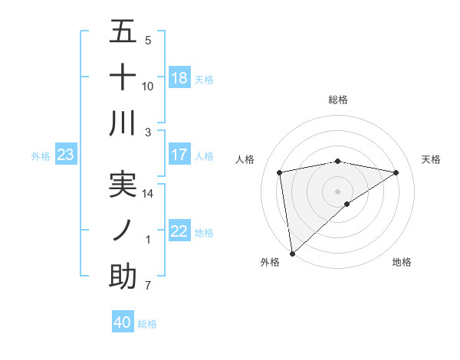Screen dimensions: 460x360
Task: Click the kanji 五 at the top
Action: pos(122,32)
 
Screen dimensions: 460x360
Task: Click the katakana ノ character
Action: pos(122,231)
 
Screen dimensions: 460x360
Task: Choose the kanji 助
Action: pos(122,276)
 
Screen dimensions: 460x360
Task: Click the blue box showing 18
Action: pos(179,78)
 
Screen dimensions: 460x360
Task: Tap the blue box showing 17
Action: pos(179,155)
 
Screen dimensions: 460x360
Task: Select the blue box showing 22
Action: pos(179,231)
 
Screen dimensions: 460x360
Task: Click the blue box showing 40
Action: pos(123,322)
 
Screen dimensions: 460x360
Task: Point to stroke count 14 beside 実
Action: pos(148,194)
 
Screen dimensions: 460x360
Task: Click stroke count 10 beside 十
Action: pos(148,86)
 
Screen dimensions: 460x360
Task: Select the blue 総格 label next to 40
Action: pos(147,323)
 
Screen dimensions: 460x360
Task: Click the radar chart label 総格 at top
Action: pos(338,100)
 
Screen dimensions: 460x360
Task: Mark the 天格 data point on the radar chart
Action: pos(396,172)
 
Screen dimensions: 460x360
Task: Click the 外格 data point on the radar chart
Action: pos(292,253)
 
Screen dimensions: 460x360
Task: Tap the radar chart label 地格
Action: pos(402,262)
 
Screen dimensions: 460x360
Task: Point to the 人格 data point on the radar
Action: pos(280,172)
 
